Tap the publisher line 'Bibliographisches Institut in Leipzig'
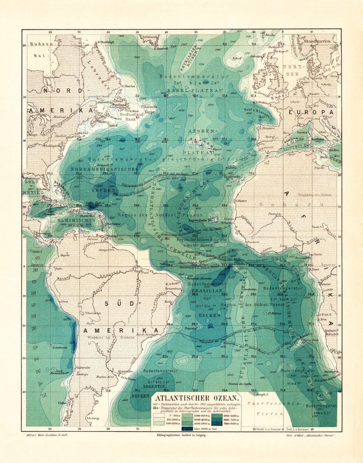pyautogui.click(x=176, y=443)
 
